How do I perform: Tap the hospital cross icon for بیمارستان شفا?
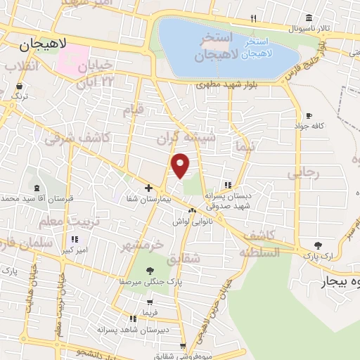[148, 188]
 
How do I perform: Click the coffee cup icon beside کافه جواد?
[309, 115]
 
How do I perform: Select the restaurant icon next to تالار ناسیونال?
[253, 19]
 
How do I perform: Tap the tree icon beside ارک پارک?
[318, 245]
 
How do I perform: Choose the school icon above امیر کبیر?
[75, 239]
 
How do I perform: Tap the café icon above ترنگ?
[19, 87]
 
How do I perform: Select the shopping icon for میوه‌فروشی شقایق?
[184, 346]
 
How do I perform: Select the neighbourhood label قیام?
[133, 109]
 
